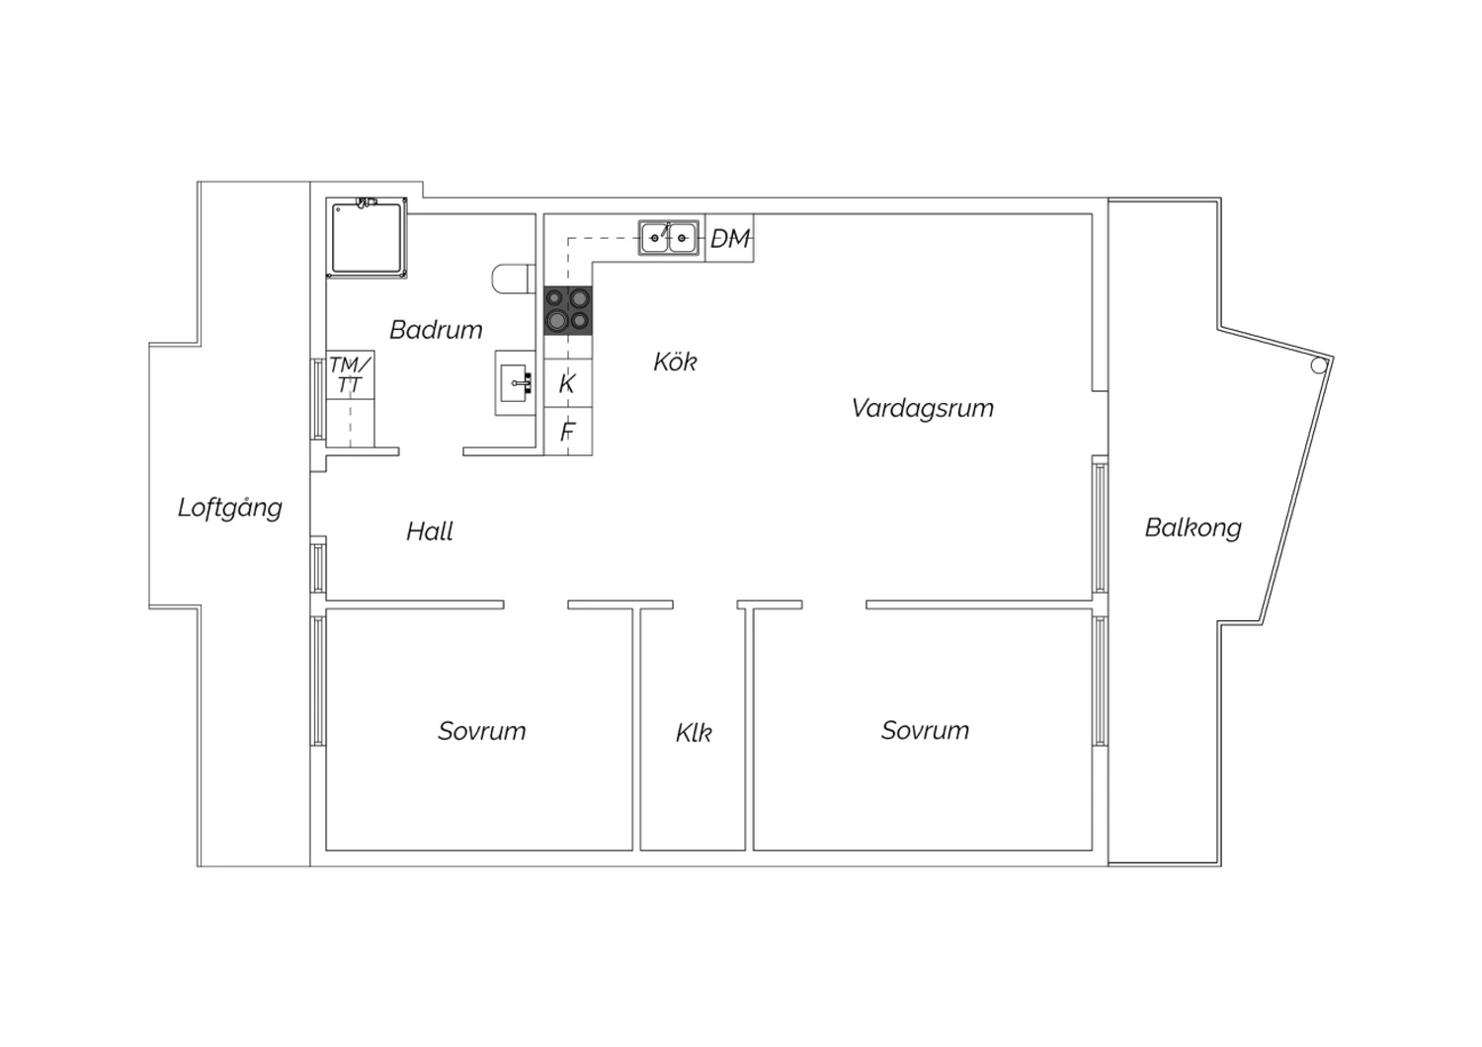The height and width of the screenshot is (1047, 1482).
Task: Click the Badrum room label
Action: (x=436, y=329)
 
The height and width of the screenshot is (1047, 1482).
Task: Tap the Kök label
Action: (x=675, y=362)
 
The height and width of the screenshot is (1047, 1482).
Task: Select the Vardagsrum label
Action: (x=922, y=408)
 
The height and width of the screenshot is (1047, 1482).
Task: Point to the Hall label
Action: (x=430, y=531)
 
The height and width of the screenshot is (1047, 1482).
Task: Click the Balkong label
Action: (x=1193, y=527)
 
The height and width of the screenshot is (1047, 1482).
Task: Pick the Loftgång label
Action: (x=229, y=508)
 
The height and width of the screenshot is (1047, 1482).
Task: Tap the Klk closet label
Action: (x=694, y=733)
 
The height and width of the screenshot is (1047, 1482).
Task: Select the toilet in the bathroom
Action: (x=514, y=279)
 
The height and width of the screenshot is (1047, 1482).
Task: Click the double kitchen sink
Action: (x=668, y=237)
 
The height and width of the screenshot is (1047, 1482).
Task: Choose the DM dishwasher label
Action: (x=730, y=238)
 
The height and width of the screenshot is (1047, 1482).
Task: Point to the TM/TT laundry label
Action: (x=350, y=374)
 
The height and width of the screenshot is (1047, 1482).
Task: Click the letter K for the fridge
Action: (x=567, y=383)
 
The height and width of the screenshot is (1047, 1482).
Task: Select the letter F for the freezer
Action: (x=567, y=432)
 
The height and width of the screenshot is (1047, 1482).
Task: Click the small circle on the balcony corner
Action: (x=1319, y=365)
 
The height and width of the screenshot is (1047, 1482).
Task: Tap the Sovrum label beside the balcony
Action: (x=925, y=730)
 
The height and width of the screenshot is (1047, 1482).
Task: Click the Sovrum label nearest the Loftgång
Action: (x=482, y=731)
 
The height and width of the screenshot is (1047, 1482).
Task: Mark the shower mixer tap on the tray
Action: (x=366, y=201)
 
